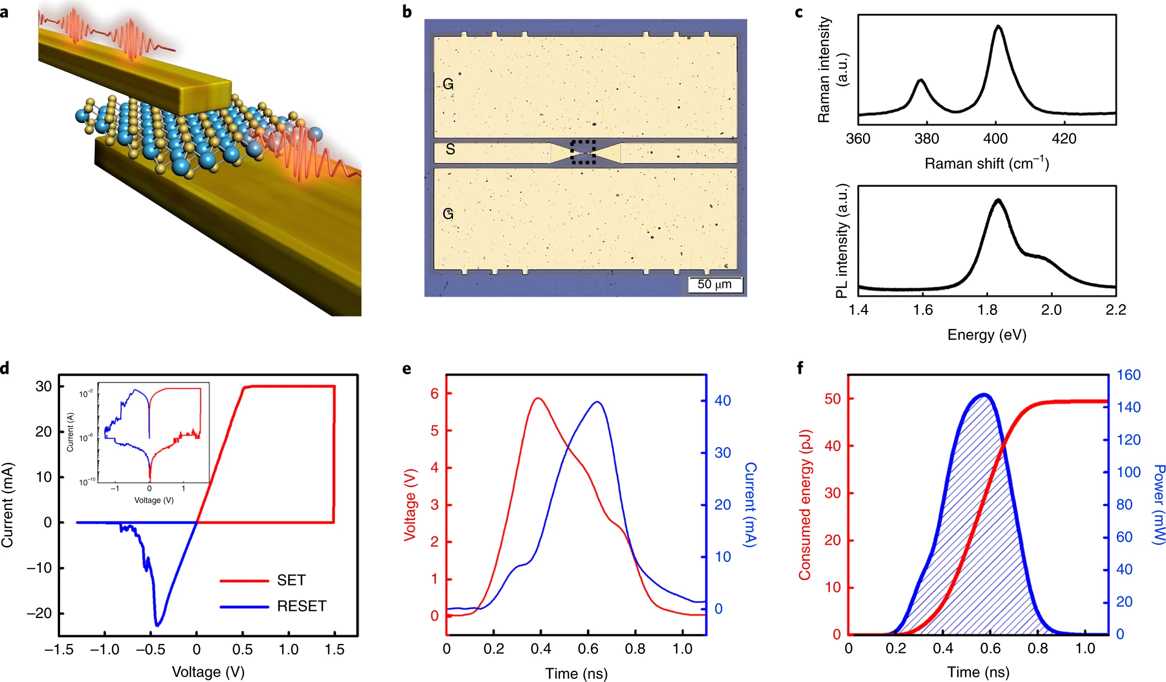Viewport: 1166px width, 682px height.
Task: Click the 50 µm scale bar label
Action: pos(714,284)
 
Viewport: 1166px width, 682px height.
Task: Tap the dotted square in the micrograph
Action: pos(583,152)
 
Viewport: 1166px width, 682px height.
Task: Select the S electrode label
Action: pos(450,149)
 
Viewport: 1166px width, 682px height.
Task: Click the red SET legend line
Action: pos(244,581)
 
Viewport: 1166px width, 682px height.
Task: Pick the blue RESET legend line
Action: pos(244,607)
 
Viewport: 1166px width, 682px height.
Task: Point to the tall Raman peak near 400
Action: pos(998,26)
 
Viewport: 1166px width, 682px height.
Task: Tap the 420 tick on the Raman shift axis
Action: pos(1064,138)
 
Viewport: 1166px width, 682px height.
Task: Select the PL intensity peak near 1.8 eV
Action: pos(998,200)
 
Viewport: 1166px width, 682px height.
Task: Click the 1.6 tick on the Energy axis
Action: pos(922,310)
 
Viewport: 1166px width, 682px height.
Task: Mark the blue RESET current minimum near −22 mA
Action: pos(158,625)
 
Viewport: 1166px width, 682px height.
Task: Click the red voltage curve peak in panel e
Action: pos(538,398)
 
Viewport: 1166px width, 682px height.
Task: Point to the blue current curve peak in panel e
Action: pos(597,402)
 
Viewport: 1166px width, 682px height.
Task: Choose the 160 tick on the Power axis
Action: pos(1128,375)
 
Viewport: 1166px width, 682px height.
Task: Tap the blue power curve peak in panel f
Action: pos(984,395)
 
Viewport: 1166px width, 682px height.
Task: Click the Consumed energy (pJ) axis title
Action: pos(805,504)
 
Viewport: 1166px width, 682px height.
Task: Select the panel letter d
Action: pos(5,368)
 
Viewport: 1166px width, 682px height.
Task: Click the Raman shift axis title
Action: pos(986,164)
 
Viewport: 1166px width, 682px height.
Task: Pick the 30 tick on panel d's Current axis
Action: pos(44,386)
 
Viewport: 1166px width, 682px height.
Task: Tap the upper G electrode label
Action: pos(448,84)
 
